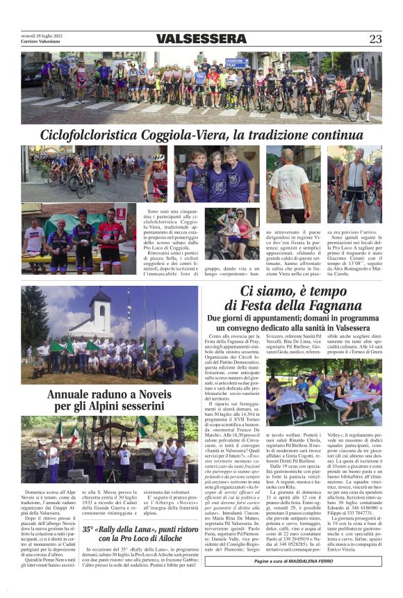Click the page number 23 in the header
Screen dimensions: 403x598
coord(375,39)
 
